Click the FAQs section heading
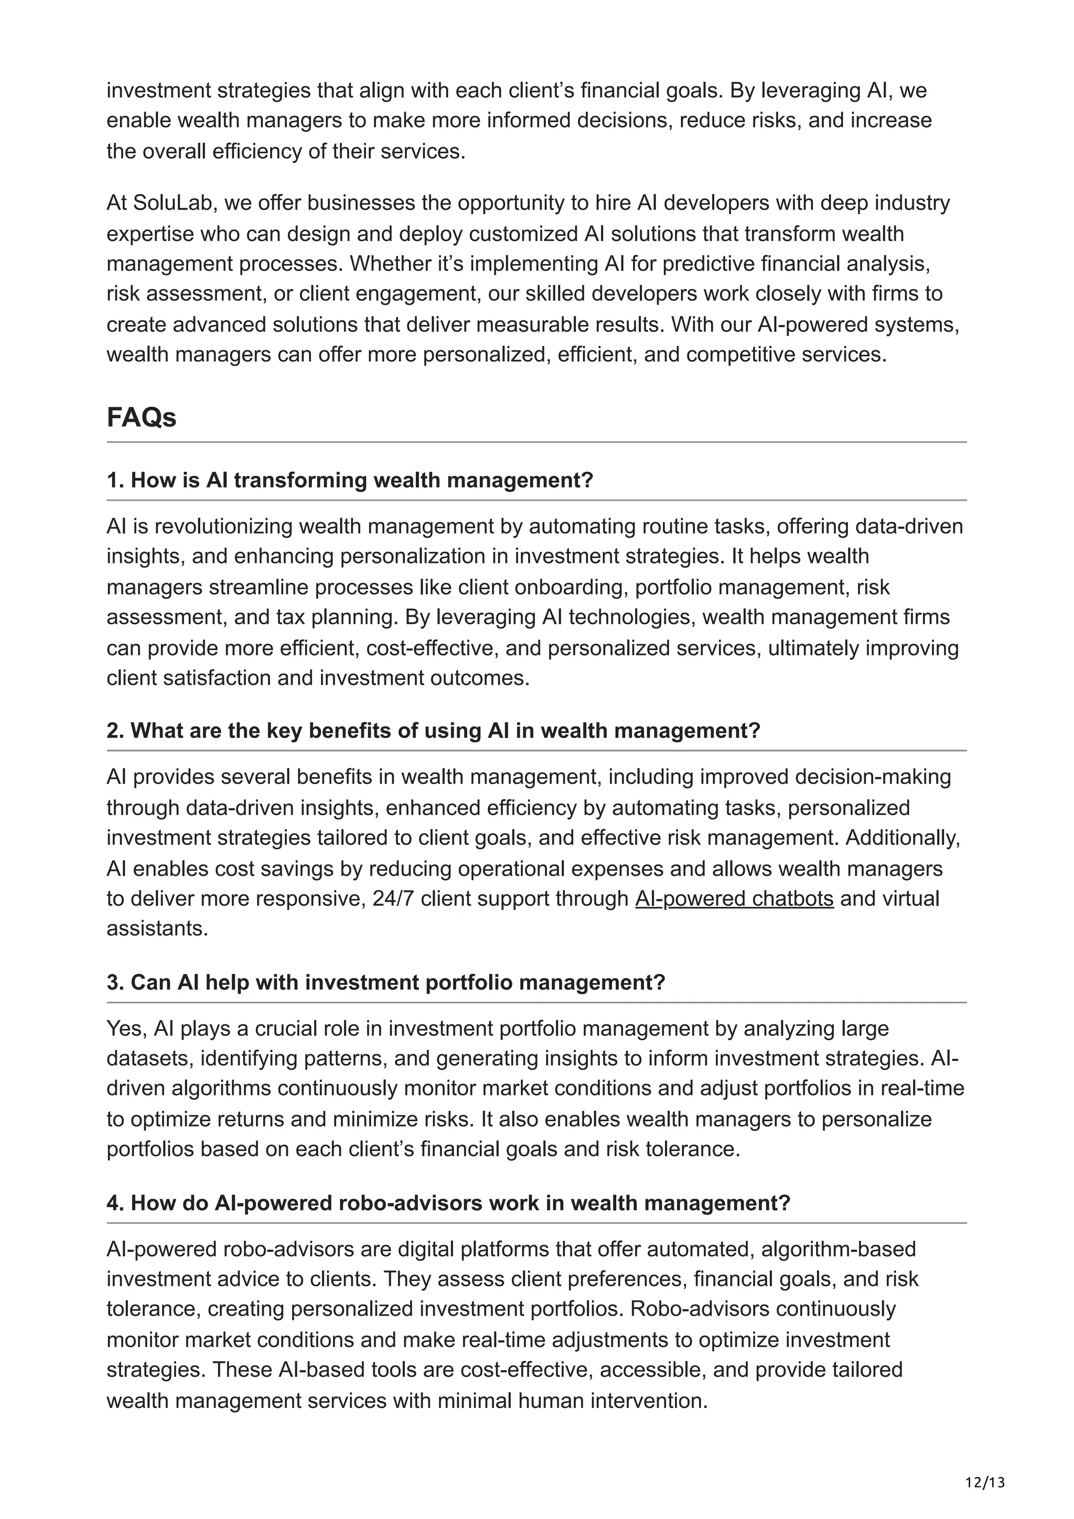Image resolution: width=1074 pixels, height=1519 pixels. coord(142,418)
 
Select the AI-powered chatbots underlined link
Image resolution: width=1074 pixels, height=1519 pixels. coord(734,898)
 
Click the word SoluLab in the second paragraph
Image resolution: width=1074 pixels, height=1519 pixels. coord(175,203)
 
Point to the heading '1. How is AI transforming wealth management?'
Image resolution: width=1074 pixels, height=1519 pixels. coord(350,480)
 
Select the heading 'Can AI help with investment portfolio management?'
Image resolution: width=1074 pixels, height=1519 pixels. coord(386,982)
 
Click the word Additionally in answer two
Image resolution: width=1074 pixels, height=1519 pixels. coord(903,838)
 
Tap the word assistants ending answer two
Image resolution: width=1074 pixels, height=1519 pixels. coord(157,928)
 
